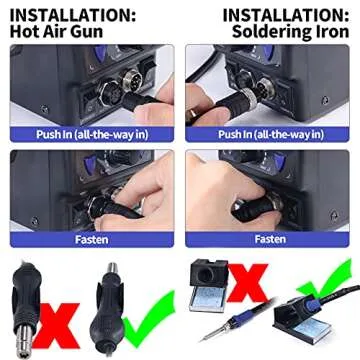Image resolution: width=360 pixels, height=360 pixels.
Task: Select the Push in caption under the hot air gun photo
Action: [x=92, y=134]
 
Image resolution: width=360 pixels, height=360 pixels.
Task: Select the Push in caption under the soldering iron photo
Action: [x=270, y=134]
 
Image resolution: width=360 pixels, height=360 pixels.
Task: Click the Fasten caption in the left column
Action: [x=92, y=239]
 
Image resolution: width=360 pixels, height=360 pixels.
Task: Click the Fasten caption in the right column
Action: [x=270, y=239]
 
